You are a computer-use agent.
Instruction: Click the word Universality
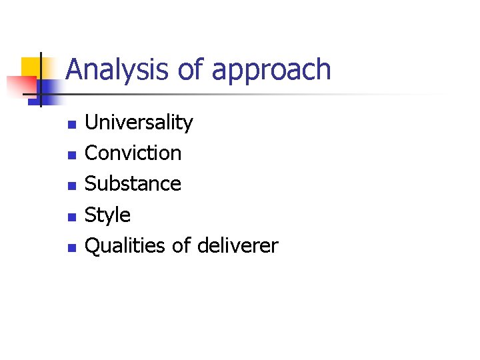(139, 123)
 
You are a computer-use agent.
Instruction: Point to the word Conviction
(133, 153)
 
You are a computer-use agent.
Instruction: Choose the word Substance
(133, 184)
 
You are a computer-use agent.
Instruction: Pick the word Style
(108, 215)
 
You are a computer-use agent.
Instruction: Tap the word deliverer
(237, 246)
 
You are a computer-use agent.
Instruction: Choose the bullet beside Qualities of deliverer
(72, 247)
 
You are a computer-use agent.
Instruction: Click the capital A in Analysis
(75, 70)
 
